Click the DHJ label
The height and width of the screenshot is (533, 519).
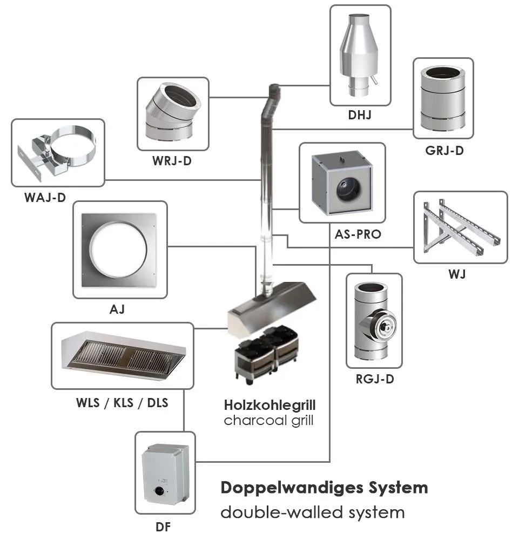coord(360,115)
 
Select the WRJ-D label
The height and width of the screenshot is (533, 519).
coord(172,161)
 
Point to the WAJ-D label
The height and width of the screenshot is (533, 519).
coord(45,198)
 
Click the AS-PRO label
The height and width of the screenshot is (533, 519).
coord(358,234)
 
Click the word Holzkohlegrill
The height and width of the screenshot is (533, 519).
coord(269,405)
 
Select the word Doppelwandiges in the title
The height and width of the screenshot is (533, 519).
coord(278,488)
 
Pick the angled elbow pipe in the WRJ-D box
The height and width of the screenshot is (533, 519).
coord(172,113)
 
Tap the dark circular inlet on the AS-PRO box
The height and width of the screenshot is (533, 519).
coord(343,188)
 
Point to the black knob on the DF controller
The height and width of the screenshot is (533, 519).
coord(160,492)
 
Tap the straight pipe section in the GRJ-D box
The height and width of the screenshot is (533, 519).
coord(443,97)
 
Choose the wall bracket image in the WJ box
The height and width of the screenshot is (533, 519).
coord(460,227)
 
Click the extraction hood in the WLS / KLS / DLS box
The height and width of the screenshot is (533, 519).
coord(123,356)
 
